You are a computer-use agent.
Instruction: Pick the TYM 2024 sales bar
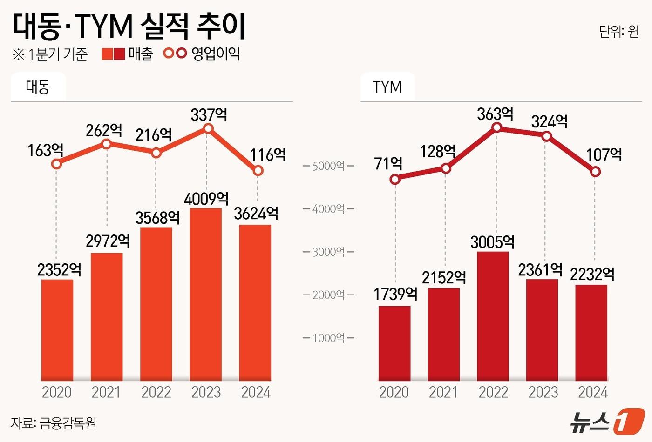tap(591, 332)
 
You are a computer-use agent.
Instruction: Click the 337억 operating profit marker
tap(209, 129)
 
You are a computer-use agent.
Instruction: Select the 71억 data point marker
tap(395, 180)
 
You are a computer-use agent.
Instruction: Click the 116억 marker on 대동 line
tap(258, 171)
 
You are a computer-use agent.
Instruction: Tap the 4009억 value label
tap(206, 199)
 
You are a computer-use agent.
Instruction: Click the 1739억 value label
tap(395, 294)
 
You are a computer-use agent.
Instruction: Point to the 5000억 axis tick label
tap(328, 166)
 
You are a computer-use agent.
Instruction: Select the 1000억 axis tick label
tap(328, 338)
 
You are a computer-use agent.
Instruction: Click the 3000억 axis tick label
tap(328, 252)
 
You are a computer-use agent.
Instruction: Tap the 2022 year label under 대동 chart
tap(156, 392)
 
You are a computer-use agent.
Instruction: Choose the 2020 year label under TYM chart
tap(394, 392)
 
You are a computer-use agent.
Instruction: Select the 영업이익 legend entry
tap(202, 54)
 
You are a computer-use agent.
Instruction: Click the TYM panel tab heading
tap(387, 87)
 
